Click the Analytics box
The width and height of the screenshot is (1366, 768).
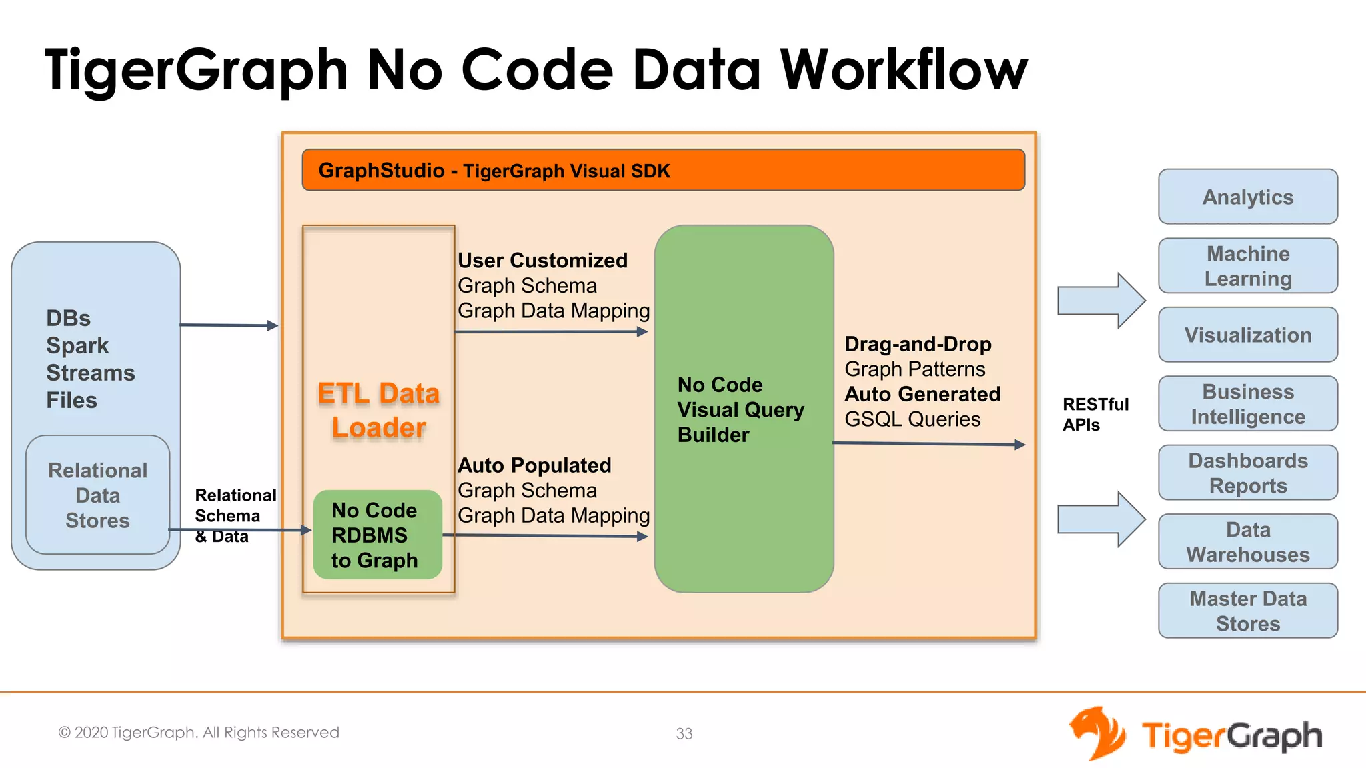point(1247,197)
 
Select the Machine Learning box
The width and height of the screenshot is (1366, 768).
point(1247,266)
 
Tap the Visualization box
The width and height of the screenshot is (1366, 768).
point(1247,335)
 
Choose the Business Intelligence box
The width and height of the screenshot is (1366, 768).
point(1247,403)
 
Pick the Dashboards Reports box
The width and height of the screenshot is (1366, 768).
point(1247,473)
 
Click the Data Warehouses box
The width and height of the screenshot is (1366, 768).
point(1247,541)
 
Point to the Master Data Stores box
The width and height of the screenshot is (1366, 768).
point(1247,611)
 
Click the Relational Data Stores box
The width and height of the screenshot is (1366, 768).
point(97,495)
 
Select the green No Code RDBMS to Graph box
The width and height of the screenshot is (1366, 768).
point(377,535)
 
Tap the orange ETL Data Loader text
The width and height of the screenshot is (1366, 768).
point(379,410)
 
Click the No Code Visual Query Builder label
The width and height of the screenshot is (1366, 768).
point(740,409)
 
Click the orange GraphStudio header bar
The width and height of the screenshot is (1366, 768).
point(663,170)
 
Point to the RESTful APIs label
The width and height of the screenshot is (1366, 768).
point(1095,414)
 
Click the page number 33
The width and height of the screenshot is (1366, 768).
point(684,733)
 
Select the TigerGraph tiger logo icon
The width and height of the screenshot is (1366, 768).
point(1097,733)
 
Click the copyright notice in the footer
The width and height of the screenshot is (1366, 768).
point(199,732)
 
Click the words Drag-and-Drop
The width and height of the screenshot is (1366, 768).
point(918,344)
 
